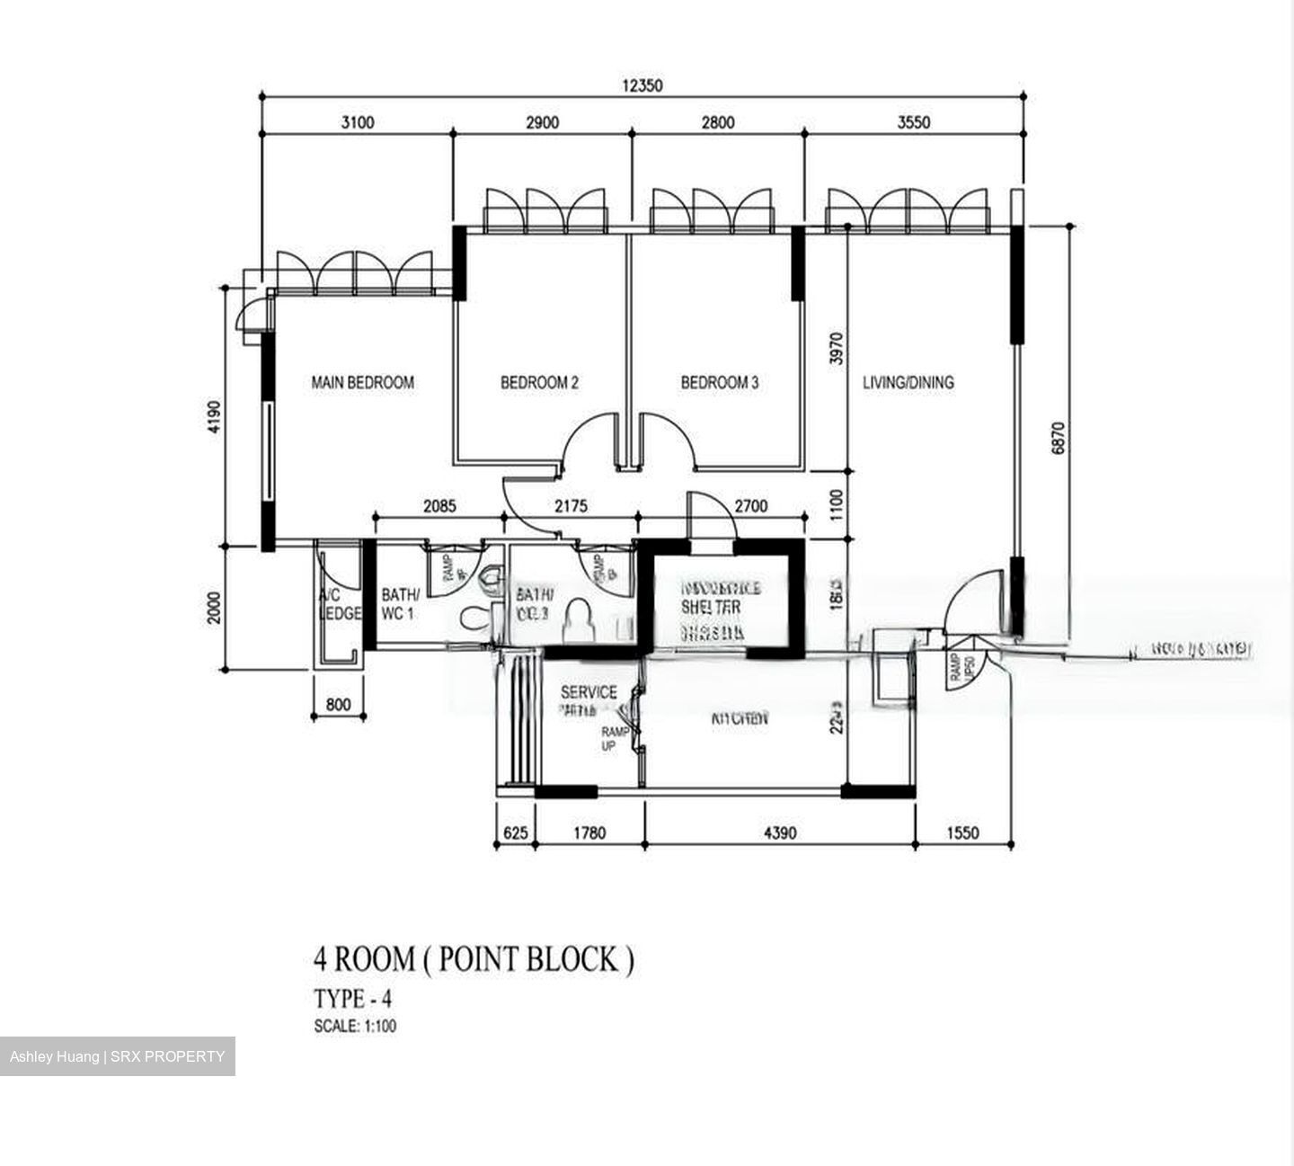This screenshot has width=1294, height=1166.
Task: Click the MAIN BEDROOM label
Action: pyautogui.click(x=362, y=382)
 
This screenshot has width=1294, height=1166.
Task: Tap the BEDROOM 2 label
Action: pyautogui.click(x=539, y=382)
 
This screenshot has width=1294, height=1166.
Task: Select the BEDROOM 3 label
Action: pyautogui.click(x=719, y=382)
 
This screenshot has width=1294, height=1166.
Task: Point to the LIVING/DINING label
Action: pyautogui.click(x=908, y=382)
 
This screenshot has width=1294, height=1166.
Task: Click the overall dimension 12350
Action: pyautogui.click(x=642, y=86)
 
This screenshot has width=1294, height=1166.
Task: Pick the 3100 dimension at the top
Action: pyautogui.click(x=358, y=122)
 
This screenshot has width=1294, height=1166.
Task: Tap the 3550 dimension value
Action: pyautogui.click(x=913, y=122)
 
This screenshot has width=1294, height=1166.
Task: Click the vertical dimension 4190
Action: pyautogui.click(x=213, y=416)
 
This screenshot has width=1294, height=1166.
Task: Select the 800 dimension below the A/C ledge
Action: pyautogui.click(x=338, y=705)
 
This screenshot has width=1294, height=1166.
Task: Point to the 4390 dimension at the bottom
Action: pyautogui.click(x=779, y=833)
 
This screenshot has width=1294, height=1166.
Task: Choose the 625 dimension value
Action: pyautogui.click(x=515, y=833)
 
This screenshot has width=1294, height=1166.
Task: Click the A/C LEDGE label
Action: pyautogui.click(x=341, y=604)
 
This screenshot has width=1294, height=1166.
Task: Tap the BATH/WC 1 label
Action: pyautogui.click(x=400, y=604)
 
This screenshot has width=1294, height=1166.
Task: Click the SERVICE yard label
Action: pyautogui.click(x=589, y=692)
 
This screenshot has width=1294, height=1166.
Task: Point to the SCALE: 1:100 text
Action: pyautogui.click(x=355, y=1027)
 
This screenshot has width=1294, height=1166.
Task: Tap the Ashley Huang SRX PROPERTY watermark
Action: pyautogui.click(x=118, y=1056)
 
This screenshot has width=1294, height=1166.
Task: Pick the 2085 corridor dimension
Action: pyautogui.click(x=439, y=506)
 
